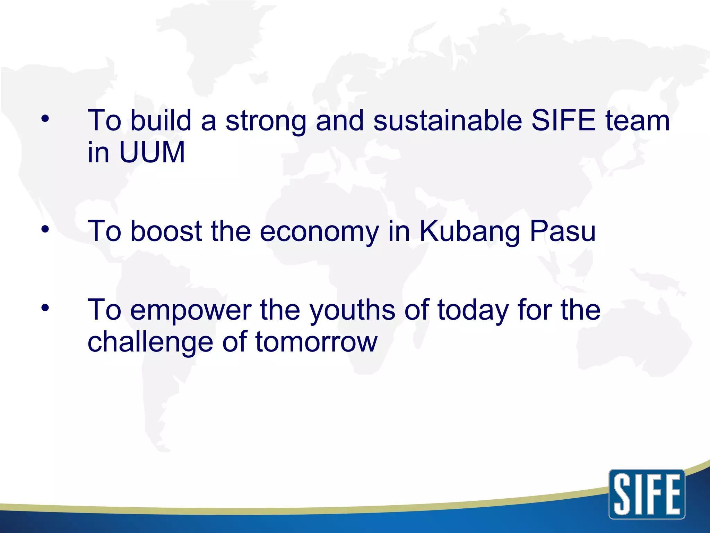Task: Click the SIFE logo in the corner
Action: (647, 494)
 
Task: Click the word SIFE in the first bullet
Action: (563, 120)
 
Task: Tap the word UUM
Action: (152, 152)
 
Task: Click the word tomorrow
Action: (316, 342)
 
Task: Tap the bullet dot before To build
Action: (45, 119)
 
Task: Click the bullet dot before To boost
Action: (45, 229)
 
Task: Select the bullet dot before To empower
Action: (45, 308)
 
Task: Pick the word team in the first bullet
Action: (637, 120)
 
